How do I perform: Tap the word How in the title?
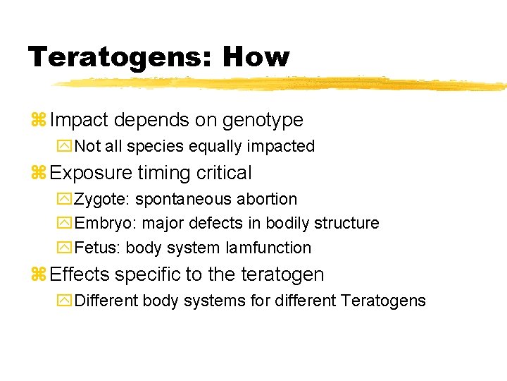point(256,56)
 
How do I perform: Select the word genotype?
point(263,121)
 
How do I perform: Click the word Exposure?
point(91,173)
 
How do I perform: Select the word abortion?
point(266,200)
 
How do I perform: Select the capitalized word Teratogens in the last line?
point(383,301)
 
